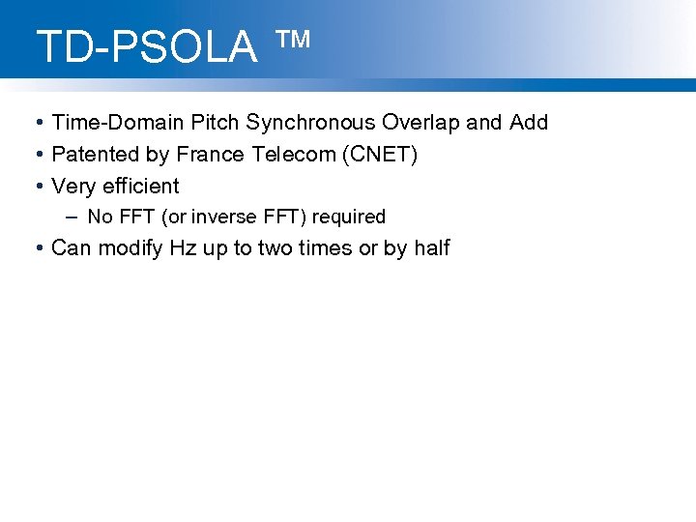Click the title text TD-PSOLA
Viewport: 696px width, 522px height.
click(x=147, y=47)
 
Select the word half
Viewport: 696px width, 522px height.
click(x=431, y=248)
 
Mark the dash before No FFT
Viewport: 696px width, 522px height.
click(x=72, y=217)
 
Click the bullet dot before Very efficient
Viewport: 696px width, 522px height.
click(x=37, y=186)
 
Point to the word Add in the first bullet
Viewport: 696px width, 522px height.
click(x=529, y=123)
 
